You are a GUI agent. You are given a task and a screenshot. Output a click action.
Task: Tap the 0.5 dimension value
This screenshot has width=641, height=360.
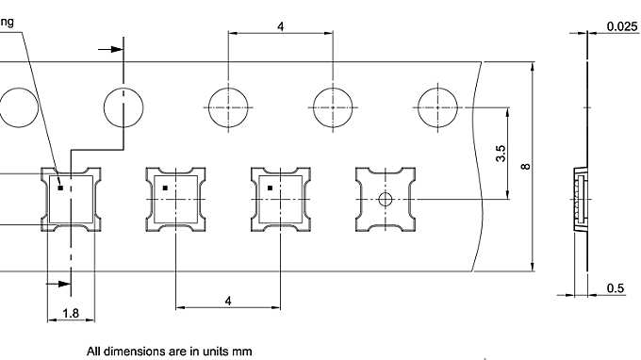[x=615, y=288]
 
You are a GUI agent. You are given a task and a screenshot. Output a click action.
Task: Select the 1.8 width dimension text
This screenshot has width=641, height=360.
[x=71, y=313]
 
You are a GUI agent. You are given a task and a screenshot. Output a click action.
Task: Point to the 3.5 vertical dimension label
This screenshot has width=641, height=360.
[x=501, y=154]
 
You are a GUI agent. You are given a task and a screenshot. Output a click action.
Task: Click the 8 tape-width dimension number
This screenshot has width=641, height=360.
[x=525, y=167]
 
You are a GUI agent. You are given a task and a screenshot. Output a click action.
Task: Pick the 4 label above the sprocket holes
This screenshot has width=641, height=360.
[x=280, y=26]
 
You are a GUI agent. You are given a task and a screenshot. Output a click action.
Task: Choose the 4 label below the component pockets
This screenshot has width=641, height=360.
[x=228, y=300]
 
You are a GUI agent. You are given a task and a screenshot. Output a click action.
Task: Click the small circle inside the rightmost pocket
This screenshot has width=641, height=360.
[x=385, y=199]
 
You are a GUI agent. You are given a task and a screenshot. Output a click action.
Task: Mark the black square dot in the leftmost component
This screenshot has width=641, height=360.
[x=60, y=188]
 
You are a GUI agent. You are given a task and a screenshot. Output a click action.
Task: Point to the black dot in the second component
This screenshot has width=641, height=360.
[x=164, y=188]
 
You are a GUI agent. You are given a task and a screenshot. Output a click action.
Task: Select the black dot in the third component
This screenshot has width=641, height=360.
[x=270, y=188]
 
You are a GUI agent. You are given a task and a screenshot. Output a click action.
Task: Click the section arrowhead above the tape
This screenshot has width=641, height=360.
[x=117, y=49]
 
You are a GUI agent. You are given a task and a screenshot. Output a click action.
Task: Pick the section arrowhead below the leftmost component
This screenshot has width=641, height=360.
[x=65, y=283]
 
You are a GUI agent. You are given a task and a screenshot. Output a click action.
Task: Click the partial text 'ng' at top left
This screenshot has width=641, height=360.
[x=8, y=21]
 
